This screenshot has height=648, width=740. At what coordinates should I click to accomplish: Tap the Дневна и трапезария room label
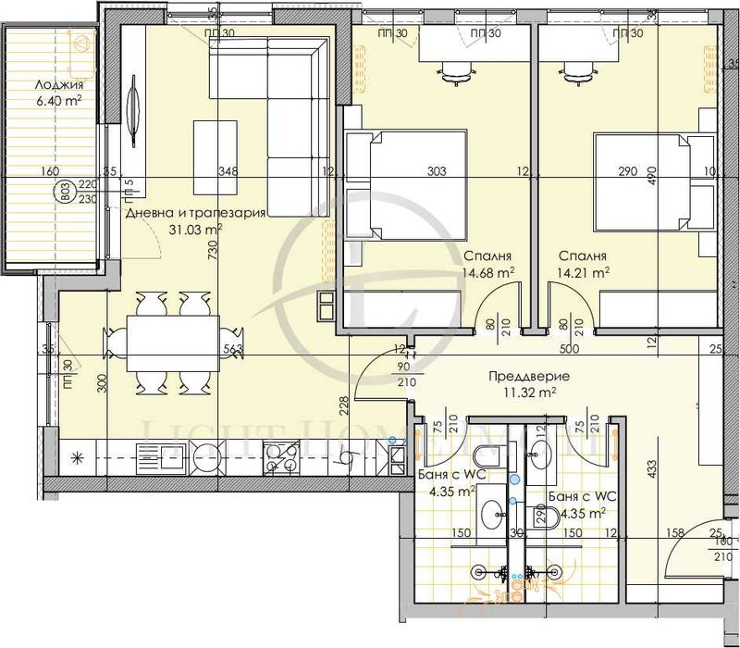click(195, 212)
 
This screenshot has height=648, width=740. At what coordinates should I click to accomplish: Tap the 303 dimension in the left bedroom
click(438, 171)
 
